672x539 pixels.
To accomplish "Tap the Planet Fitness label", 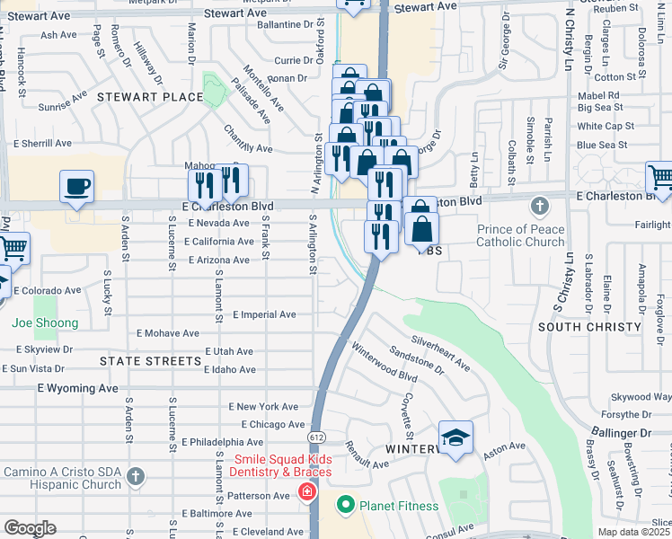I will (x=399, y=506).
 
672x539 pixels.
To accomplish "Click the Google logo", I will (x=29, y=527).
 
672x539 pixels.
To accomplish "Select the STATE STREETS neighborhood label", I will (x=150, y=361).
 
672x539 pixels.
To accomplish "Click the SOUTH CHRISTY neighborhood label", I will (x=590, y=327).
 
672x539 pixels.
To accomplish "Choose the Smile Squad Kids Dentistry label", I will (x=281, y=465).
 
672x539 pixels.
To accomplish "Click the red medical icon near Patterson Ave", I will (x=307, y=492).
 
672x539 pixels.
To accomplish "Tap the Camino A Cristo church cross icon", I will (x=135, y=475).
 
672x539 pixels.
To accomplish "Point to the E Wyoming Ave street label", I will (x=78, y=388).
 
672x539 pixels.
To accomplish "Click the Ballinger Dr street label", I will (x=621, y=433).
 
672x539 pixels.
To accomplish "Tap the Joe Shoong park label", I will (x=45, y=323).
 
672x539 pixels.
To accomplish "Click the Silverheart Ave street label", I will (x=440, y=354).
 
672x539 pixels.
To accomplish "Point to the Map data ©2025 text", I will (x=633, y=532).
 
